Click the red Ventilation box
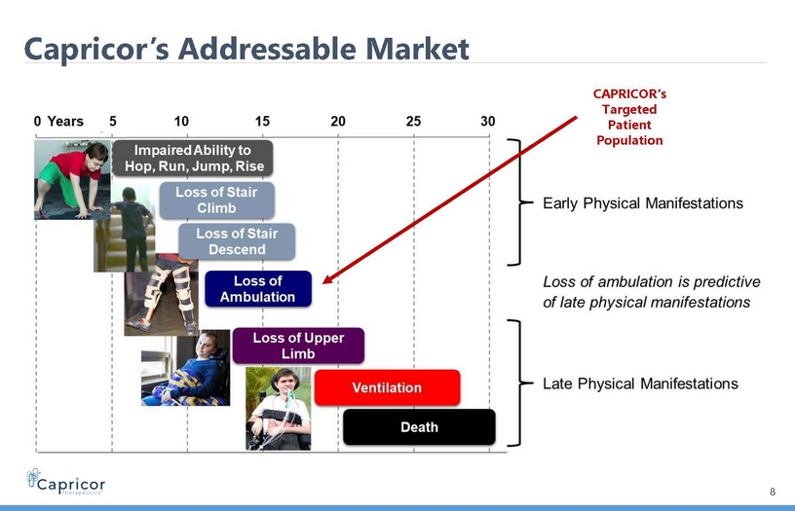pyautogui.click(x=388, y=387)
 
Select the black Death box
pyautogui.click(x=419, y=427)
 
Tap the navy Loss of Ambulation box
pyautogui.click(x=258, y=289)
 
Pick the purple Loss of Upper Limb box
pyautogui.click(x=298, y=346)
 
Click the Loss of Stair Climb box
pyautogui.click(x=217, y=201)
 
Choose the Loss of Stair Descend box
pyautogui.click(x=237, y=241)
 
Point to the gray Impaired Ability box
pyautogui.click(x=193, y=158)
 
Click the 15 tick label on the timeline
pyautogui.click(x=262, y=122)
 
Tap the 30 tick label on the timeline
pyautogui.click(x=488, y=122)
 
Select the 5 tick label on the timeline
pyautogui.click(x=113, y=122)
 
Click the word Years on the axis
pyautogui.click(x=65, y=122)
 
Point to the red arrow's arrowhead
pyautogui.click(x=327, y=279)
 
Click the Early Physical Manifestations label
pyautogui.click(x=643, y=203)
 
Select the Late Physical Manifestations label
pyautogui.click(x=640, y=383)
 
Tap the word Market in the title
pyautogui.click(x=417, y=49)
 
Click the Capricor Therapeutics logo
pyautogui.click(x=66, y=482)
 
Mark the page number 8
pyautogui.click(x=773, y=492)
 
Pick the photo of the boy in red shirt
pyautogui.click(x=72, y=180)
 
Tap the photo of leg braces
pyautogui.click(x=161, y=294)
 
